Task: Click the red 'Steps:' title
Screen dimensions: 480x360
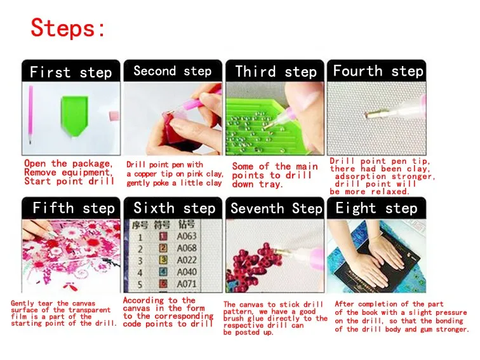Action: click(x=68, y=28)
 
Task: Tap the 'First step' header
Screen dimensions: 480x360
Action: click(x=70, y=72)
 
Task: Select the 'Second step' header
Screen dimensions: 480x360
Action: click(x=172, y=71)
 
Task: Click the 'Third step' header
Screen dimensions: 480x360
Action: click(x=276, y=72)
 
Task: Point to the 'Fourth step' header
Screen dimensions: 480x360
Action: click(x=378, y=71)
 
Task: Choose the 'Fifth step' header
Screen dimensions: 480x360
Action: click(x=74, y=208)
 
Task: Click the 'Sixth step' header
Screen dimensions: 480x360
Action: click(x=175, y=208)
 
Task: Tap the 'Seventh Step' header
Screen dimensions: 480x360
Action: click(x=276, y=208)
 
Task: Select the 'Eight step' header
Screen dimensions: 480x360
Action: click(x=377, y=208)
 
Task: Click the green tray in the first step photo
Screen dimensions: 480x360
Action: click(x=74, y=116)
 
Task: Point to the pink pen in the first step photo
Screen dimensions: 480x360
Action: click(x=30, y=115)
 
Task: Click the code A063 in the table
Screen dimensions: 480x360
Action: click(x=187, y=236)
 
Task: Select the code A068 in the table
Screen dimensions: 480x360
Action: click(x=187, y=248)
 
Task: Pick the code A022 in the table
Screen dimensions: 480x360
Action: click(x=187, y=260)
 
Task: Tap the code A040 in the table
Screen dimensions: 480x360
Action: click(x=187, y=272)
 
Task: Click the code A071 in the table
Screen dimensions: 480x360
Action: click(x=187, y=284)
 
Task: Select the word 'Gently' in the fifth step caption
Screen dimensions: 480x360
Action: click(x=22, y=303)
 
